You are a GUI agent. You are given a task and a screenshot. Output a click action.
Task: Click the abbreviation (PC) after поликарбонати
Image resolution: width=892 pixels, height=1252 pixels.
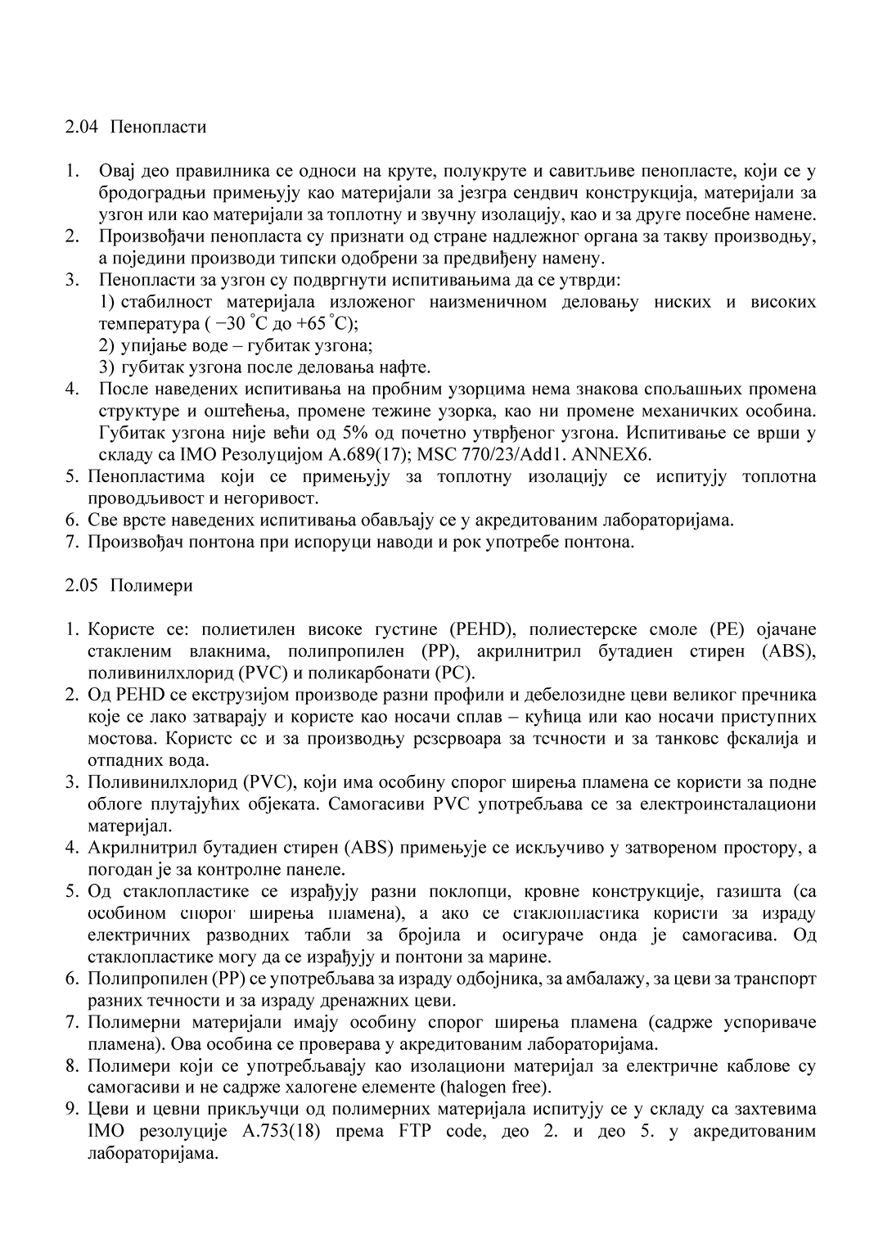pos(453,673)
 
